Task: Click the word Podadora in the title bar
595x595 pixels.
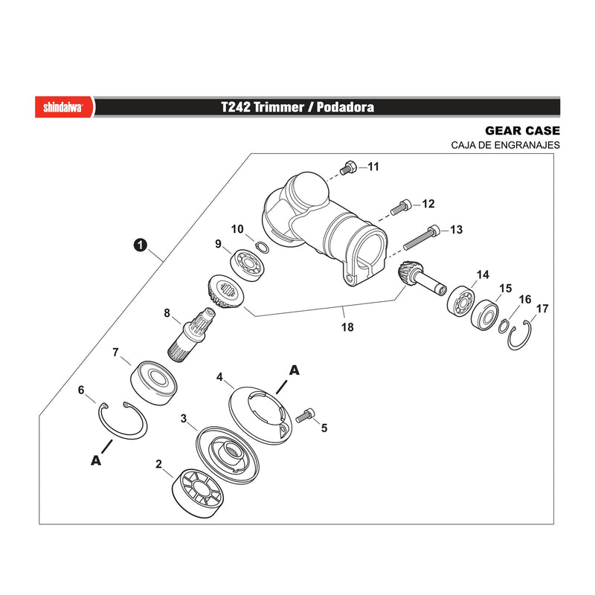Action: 345,107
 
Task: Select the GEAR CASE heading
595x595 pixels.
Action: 522,131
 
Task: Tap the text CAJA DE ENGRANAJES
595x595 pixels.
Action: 505,145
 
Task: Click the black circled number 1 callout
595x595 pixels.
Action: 140,245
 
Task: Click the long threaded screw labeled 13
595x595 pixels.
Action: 422,237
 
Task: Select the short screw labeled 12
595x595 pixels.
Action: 401,207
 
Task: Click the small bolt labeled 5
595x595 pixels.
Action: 305,415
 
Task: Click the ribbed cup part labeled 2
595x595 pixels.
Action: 197,493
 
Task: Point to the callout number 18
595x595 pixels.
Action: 347,327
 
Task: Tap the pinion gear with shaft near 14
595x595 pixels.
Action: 421,279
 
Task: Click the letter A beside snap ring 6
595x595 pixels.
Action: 96,460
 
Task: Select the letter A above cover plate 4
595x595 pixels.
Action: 294,370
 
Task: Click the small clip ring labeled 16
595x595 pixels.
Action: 504,327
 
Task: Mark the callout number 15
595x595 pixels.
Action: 506,289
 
